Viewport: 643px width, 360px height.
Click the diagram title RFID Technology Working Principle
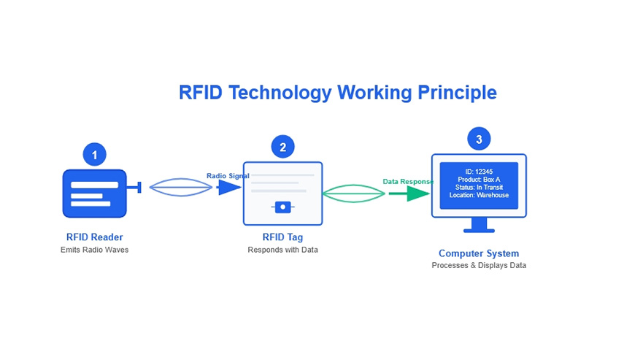point(337,93)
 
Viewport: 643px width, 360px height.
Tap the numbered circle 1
point(94,154)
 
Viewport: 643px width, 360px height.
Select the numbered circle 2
point(282,147)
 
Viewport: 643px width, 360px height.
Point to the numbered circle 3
point(479,139)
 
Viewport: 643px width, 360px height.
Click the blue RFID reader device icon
point(94,194)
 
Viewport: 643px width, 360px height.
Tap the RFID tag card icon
point(282,194)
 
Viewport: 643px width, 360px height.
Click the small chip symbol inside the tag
point(282,207)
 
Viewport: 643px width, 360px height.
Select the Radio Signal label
point(228,176)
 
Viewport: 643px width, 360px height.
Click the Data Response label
point(408,181)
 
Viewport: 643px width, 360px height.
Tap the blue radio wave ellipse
point(181,188)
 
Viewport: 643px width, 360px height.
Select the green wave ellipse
point(354,194)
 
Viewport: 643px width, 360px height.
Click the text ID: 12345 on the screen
point(479,172)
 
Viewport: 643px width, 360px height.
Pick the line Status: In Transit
point(479,188)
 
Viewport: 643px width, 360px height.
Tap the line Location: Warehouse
point(479,196)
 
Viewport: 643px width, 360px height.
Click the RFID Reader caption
point(94,237)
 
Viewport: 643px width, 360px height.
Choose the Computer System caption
point(479,253)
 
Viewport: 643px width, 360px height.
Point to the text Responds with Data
point(282,250)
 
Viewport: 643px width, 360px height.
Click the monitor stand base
point(479,230)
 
